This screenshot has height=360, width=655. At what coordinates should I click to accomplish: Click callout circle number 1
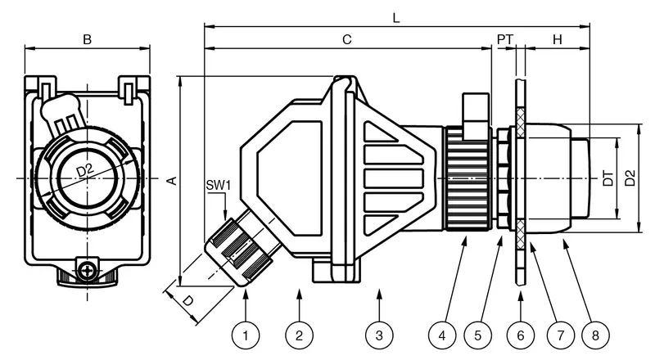pos(245,335)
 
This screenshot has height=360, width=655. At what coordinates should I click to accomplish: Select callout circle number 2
pos(299,335)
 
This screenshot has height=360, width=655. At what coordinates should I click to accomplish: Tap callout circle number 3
pos(379,335)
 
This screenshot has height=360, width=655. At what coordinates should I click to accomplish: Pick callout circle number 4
pos(442,335)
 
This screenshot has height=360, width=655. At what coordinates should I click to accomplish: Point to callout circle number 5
pos(478,335)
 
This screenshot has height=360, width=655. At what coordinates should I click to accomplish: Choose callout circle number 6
pos(521,335)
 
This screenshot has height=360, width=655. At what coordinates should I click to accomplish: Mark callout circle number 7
pos(561,335)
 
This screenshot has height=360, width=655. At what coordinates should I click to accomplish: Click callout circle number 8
pos(596,335)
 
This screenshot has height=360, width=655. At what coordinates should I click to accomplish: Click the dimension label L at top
pos(396,17)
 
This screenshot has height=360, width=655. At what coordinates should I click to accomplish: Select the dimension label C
pos(347,39)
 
